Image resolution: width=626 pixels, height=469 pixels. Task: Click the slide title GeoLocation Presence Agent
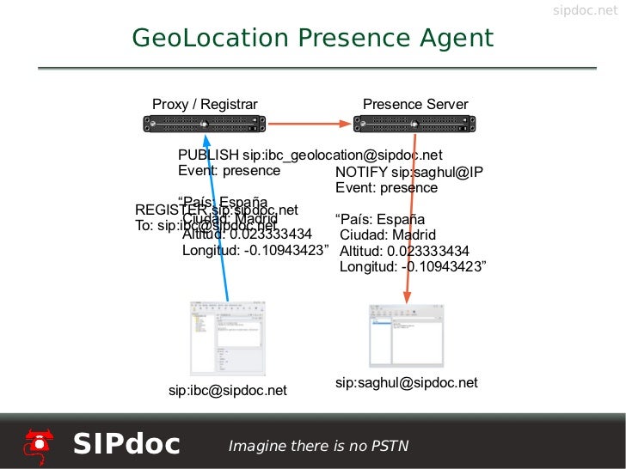[x=312, y=39]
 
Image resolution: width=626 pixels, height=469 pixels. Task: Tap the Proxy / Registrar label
[x=205, y=105]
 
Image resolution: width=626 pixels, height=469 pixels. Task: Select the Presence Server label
[x=415, y=105]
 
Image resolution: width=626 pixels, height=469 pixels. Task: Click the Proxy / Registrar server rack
[x=204, y=125]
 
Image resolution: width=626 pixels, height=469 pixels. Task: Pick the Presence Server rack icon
[x=414, y=125]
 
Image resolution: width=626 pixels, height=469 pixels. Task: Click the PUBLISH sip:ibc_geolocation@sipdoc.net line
[x=310, y=155]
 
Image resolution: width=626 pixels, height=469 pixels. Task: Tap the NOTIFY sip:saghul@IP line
[x=409, y=172]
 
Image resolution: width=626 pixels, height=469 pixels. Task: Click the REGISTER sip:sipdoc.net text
[x=217, y=210]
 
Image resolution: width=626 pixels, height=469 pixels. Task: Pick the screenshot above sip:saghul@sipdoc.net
[x=407, y=335]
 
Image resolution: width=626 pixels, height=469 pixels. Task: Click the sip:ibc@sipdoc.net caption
[x=227, y=391]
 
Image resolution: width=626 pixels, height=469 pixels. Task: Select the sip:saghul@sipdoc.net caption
[x=406, y=382]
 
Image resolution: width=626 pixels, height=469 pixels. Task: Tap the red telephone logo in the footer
[x=38, y=443]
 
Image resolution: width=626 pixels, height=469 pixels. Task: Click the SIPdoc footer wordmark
[x=126, y=444]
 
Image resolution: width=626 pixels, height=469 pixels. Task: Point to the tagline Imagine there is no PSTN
[x=317, y=446]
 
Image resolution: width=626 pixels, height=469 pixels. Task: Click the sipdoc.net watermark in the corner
[x=584, y=10]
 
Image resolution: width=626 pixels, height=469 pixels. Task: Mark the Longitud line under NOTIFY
[x=413, y=267]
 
